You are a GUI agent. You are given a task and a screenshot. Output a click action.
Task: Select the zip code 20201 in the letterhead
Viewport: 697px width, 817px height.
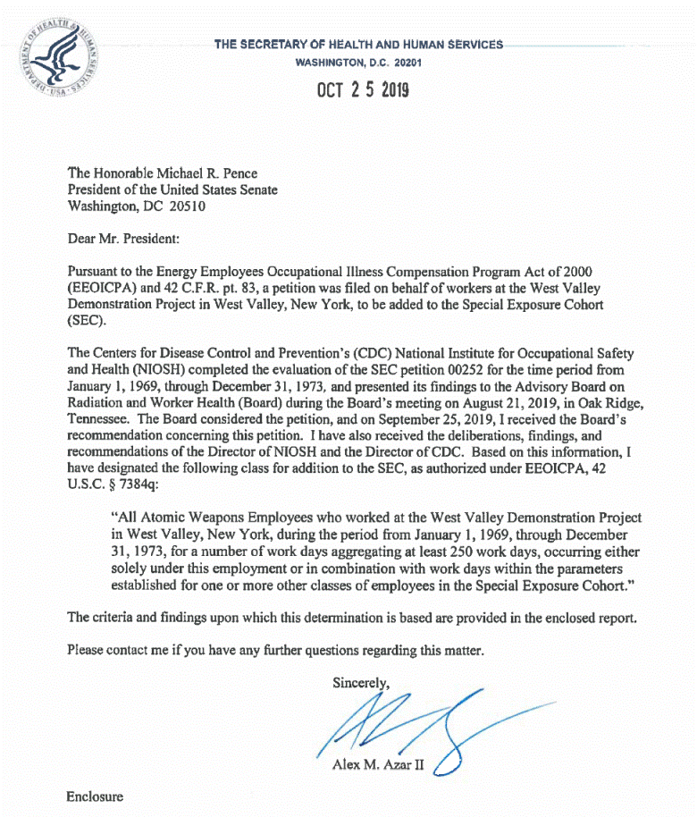pyautogui.click(x=405, y=63)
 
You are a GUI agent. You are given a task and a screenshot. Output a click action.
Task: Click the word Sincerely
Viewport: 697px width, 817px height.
pyautogui.click(x=361, y=683)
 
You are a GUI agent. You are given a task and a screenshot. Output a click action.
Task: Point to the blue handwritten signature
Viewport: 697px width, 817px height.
pyautogui.click(x=420, y=725)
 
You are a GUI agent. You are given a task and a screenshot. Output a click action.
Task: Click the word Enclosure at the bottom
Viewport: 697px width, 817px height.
pyautogui.click(x=95, y=796)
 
